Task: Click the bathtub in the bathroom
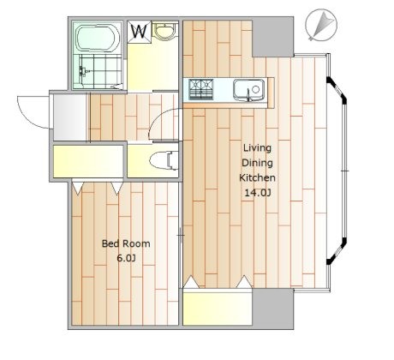coord(98,39)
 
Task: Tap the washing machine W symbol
coord(140,32)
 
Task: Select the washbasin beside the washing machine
coord(165,31)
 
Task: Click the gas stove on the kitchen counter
coord(201,89)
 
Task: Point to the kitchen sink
coord(248,90)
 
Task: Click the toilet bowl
coord(164,161)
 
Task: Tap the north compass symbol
coord(321,25)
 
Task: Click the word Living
coord(257,148)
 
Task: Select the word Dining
coord(257,163)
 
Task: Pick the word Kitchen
coord(257,177)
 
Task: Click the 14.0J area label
coord(258,193)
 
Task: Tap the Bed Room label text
coord(126,243)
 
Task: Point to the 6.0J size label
coord(126,258)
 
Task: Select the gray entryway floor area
coord(70,117)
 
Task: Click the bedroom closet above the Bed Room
coord(88,161)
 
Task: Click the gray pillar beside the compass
coord(273,37)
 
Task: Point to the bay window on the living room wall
coord(337,171)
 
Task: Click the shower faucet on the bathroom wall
coord(83,70)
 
